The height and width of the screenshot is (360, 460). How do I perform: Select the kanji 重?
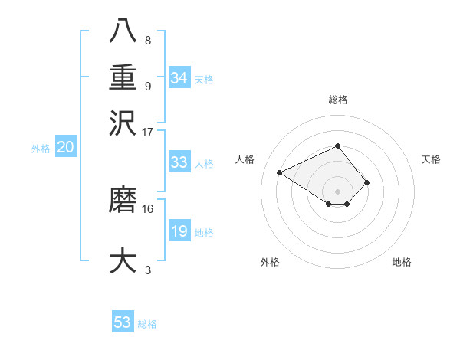click(x=123, y=80)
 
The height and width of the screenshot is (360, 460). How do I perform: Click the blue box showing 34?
click(x=179, y=78)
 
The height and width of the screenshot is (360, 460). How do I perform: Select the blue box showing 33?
click(x=179, y=162)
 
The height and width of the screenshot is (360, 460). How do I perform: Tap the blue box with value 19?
click(x=179, y=231)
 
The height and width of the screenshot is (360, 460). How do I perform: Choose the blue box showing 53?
click(x=123, y=322)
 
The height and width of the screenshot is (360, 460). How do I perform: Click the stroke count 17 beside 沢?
click(x=148, y=132)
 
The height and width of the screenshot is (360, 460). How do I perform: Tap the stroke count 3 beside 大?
click(x=148, y=270)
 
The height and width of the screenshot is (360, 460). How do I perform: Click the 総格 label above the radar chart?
click(x=337, y=100)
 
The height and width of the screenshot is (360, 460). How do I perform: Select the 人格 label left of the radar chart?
click(x=245, y=159)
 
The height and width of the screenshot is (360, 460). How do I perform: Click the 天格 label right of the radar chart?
click(x=431, y=159)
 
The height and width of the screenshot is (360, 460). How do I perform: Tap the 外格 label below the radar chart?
click(x=270, y=262)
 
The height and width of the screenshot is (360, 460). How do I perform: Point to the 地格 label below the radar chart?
click(x=402, y=262)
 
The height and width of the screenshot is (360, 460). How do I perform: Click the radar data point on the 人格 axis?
click(x=281, y=172)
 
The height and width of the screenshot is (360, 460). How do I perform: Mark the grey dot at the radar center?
click(x=337, y=190)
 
